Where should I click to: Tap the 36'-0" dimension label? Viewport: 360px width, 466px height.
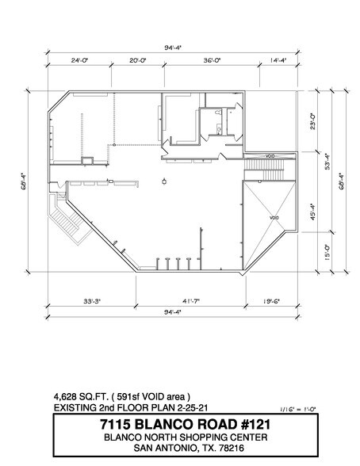pos(210,59)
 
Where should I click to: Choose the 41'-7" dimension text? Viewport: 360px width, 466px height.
pos(188,302)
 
